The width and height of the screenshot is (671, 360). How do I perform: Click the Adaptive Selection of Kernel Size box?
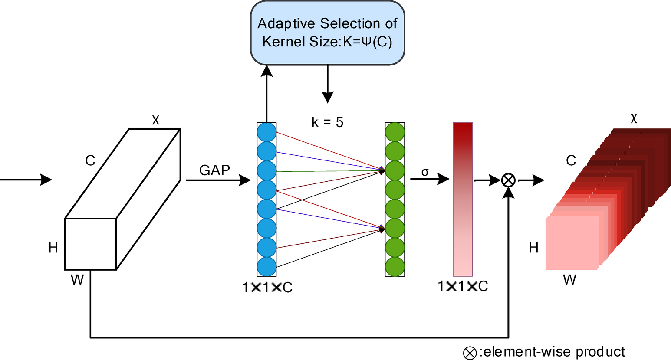(x=327, y=33)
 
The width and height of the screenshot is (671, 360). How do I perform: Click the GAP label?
(x=214, y=170)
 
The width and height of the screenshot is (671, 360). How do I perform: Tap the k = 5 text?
(x=327, y=122)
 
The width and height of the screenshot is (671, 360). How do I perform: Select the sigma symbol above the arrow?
(x=425, y=172)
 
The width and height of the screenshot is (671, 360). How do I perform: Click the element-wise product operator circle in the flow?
(x=508, y=180)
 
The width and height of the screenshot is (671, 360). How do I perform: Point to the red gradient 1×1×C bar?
(x=463, y=199)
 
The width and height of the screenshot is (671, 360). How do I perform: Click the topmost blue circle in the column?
(x=266, y=132)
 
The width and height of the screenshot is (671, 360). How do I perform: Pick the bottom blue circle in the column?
(x=266, y=266)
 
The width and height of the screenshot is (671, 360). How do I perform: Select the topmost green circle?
(x=395, y=132)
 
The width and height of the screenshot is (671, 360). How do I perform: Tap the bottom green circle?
(x=395, y=266)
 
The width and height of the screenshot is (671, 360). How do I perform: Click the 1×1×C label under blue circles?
(x=267, y=287)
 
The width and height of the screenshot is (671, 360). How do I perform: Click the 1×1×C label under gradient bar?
(x=463, y=286)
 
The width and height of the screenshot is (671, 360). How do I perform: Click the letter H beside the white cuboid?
(x=53, y=248)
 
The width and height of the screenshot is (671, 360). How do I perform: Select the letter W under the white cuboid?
(x=77, y=280)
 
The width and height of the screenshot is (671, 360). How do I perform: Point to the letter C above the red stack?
(x=571, y=161)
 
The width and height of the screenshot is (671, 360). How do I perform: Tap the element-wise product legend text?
(x=553, y=352)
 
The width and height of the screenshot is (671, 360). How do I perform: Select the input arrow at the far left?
(x=26, y=179)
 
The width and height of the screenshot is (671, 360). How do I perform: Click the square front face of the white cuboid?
(x=90, y=244)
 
